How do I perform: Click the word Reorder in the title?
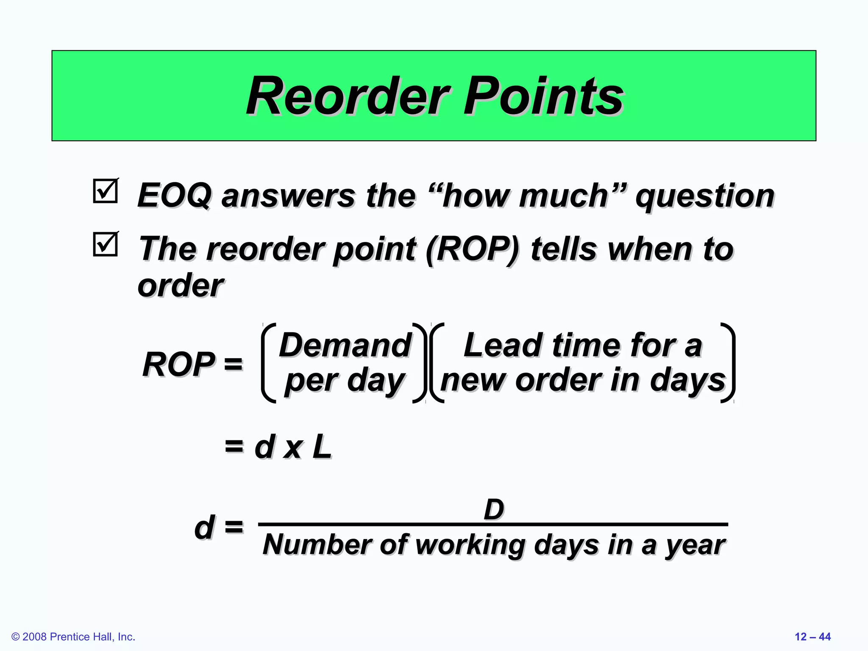point(348,97)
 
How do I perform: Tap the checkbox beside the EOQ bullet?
point(105,191)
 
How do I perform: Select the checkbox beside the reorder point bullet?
point(105,244)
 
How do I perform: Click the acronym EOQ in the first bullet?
point(174,196)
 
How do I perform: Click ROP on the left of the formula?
point(179,364)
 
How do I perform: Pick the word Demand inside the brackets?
point(345,345)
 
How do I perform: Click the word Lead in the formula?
point(503,345)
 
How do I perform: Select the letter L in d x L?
point(322,447)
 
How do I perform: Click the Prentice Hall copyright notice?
point(73,637)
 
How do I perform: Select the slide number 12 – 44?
point(812,637)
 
